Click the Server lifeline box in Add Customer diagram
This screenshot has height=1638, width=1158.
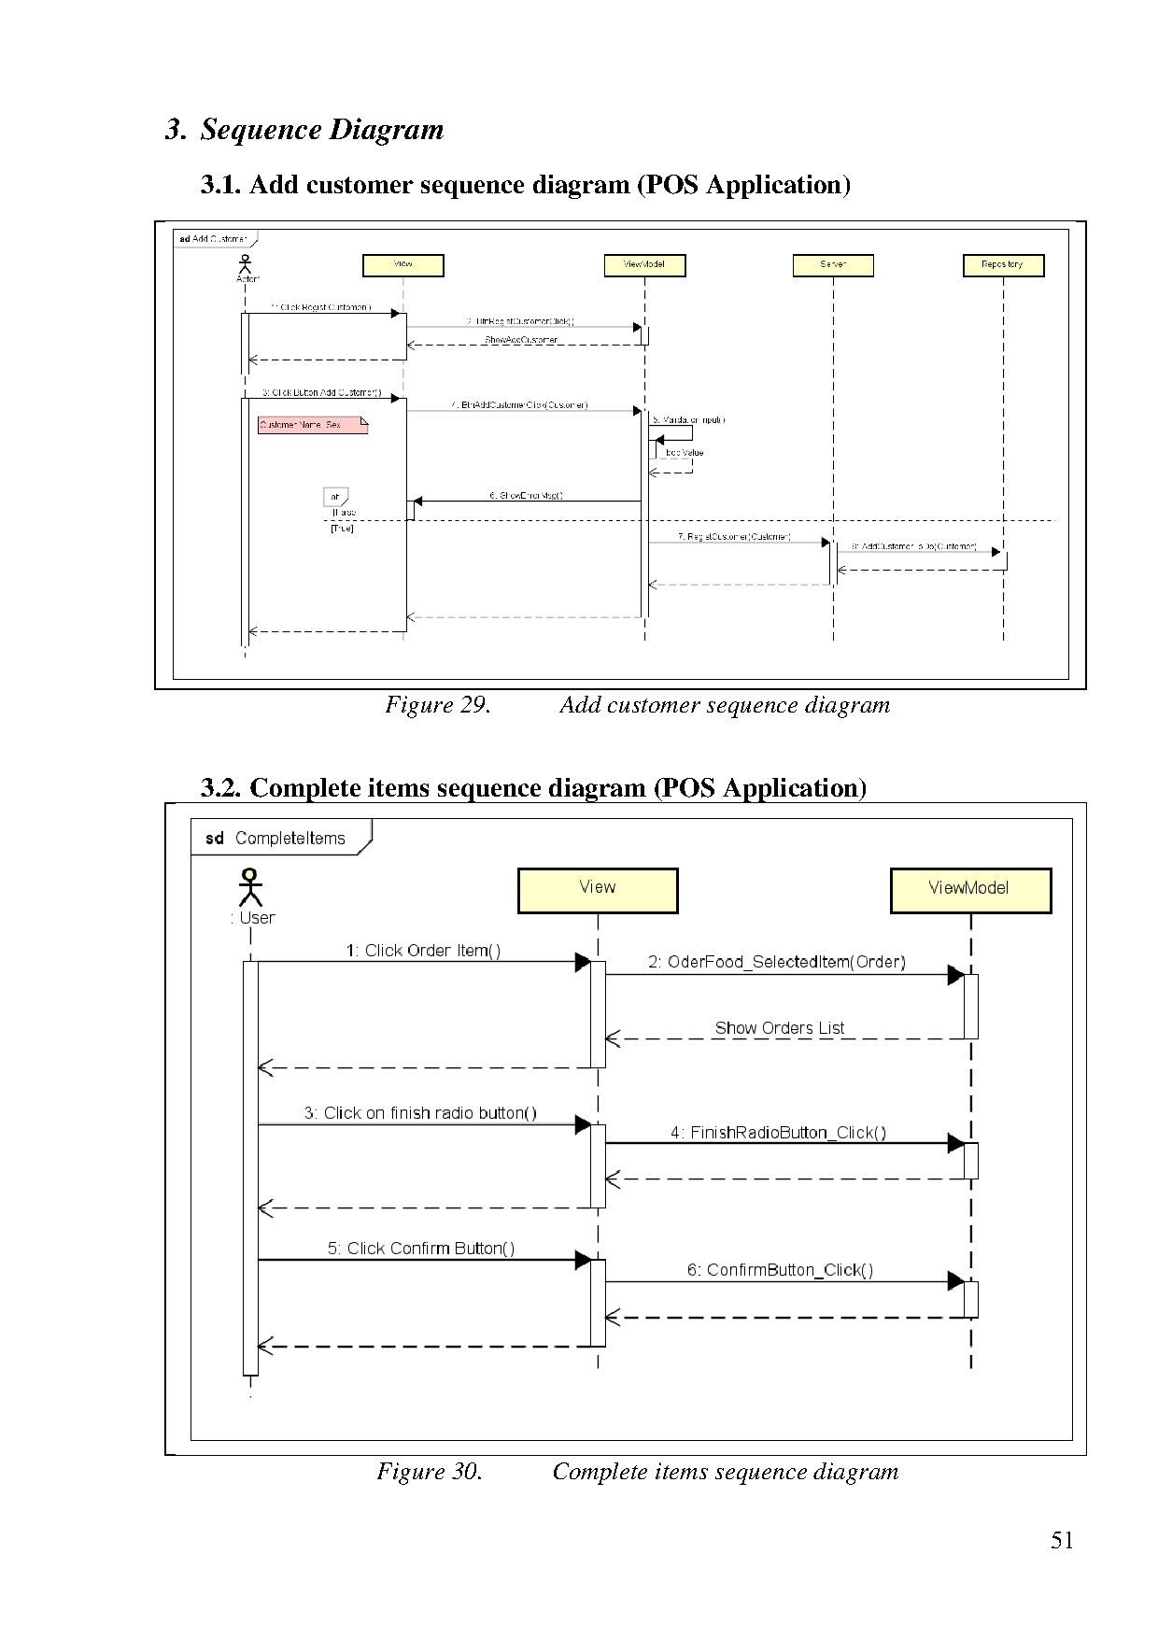[x=833, y=265]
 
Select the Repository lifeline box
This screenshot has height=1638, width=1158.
[x=1003, y=265]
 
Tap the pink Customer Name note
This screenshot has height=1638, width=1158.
[x=312, y=426]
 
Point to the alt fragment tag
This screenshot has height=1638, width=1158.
[x=335, y=497]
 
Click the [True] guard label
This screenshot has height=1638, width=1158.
[x=342, y=529]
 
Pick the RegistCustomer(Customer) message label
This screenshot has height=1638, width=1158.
[x=734, y=537]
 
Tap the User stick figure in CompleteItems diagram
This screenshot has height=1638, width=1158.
[x=250, y=887]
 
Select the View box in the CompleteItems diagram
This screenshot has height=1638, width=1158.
[x=598, y=890]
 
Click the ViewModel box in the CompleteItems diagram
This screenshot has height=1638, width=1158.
[x=970, y=890]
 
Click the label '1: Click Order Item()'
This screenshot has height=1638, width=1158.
[x=423, y=951]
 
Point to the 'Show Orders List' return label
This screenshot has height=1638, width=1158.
[x=780, y=1028]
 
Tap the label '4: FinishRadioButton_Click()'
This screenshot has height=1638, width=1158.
[x=778, y=1133]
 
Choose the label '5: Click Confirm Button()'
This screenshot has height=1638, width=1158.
[x=420, y=1249]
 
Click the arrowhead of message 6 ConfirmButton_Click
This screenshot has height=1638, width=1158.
[x=955, y=1281]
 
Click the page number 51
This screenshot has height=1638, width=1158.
[x=1062, y=1541]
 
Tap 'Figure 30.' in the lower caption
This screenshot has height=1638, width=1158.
[x=430, y=1472]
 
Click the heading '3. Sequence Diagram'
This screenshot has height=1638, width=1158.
[x=304, y=129]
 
